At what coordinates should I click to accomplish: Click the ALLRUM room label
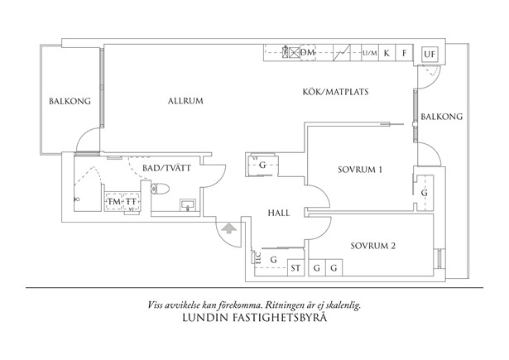(x=185, y=101)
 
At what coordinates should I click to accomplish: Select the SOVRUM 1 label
(x=360, y=170)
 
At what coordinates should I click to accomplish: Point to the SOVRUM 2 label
(x=372, y=246)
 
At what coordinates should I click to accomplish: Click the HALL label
(x=278, y=213)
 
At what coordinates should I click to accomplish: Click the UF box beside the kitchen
(x=429, y=55)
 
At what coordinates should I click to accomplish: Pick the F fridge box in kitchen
(x=404, y=52)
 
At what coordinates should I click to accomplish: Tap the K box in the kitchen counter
(x=387, y=52)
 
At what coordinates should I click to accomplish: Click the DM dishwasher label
(x=308, y=52)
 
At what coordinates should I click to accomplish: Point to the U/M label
(x=370, y=53)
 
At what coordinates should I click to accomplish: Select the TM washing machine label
(x=113, y=202)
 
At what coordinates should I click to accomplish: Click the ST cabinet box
(x=295, y=267)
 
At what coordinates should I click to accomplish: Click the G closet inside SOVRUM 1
(x=424, y=193)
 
